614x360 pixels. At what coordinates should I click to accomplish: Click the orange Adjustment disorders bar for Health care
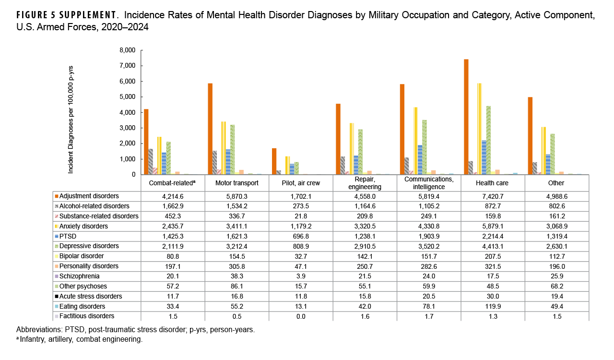[x=466, y=117]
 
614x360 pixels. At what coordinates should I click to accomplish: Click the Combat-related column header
[x=173, y=183]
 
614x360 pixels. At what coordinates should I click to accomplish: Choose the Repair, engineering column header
[x=365, y=183]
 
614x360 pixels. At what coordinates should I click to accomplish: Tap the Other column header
[x=556, y=183]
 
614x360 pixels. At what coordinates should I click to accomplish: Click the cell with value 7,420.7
[x=493, y=196]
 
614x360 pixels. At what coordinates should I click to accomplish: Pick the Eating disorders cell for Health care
[x=493, y=306]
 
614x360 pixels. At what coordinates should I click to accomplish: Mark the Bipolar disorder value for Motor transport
[x=236, y=256]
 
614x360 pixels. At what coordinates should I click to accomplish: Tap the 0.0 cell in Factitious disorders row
[x=301, y=316]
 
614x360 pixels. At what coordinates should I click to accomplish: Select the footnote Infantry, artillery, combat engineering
[x=81, y=339]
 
